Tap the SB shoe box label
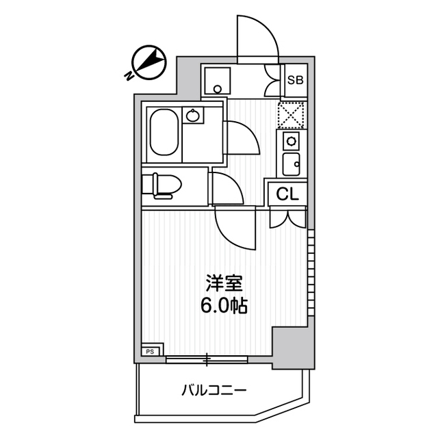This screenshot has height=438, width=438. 296,79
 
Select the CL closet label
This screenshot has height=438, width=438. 288,194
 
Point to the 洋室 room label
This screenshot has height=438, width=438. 224,283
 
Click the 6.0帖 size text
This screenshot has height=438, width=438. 224,306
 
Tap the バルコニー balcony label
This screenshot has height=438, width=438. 214,391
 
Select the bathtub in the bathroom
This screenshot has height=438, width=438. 164,132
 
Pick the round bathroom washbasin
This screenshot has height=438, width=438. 193,115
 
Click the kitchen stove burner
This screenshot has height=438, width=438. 290,141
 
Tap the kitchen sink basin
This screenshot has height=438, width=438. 290,164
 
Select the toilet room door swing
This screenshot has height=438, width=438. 227,189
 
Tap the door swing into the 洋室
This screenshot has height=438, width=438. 235,229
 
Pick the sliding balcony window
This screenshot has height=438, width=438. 207,358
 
